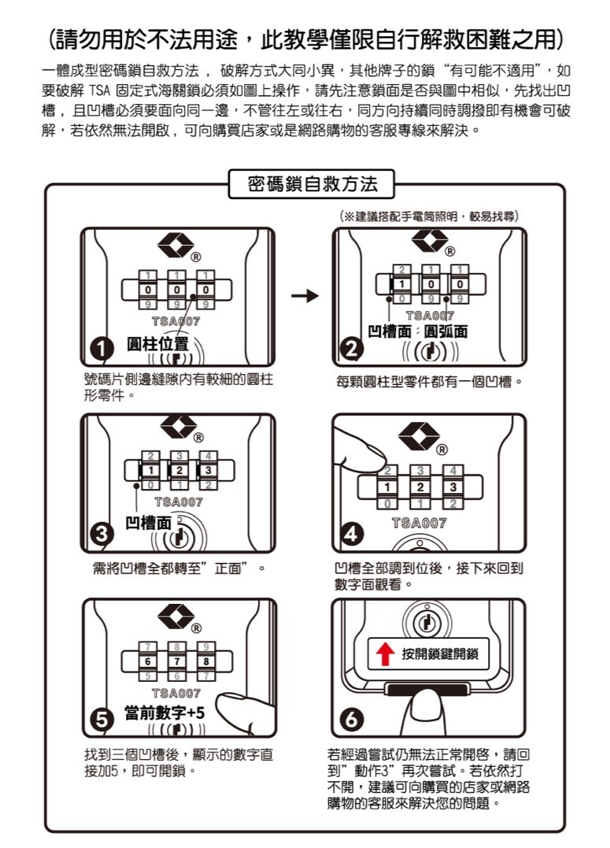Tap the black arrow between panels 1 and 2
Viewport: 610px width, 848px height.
304,296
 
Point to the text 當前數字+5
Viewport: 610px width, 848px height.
165,712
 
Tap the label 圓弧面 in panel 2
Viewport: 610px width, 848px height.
445,331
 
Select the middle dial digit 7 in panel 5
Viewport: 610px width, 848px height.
179,660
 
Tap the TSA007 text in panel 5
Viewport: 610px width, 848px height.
177,693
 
